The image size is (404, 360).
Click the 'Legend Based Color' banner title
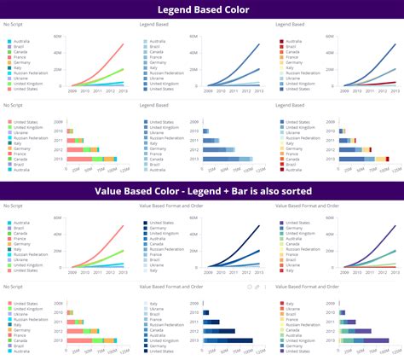(x=202, y=10)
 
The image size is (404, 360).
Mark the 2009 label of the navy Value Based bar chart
(x=193, y=302)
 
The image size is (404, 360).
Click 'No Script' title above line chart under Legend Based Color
(x=13, y=24)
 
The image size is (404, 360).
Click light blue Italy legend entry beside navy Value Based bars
(x=158, y=303)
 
